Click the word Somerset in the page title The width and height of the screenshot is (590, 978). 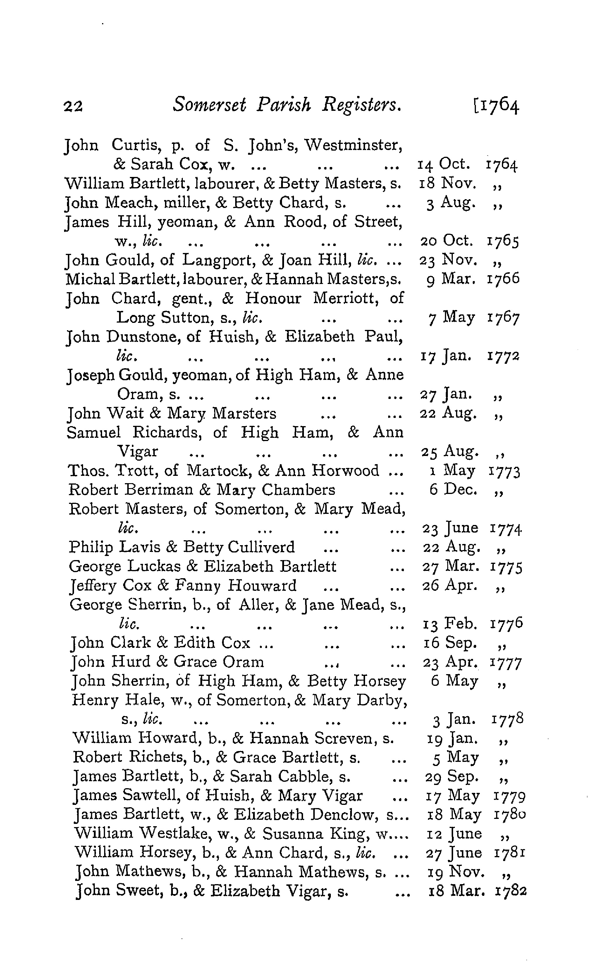click(209, 105)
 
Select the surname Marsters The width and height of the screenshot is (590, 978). click(244, 414)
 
